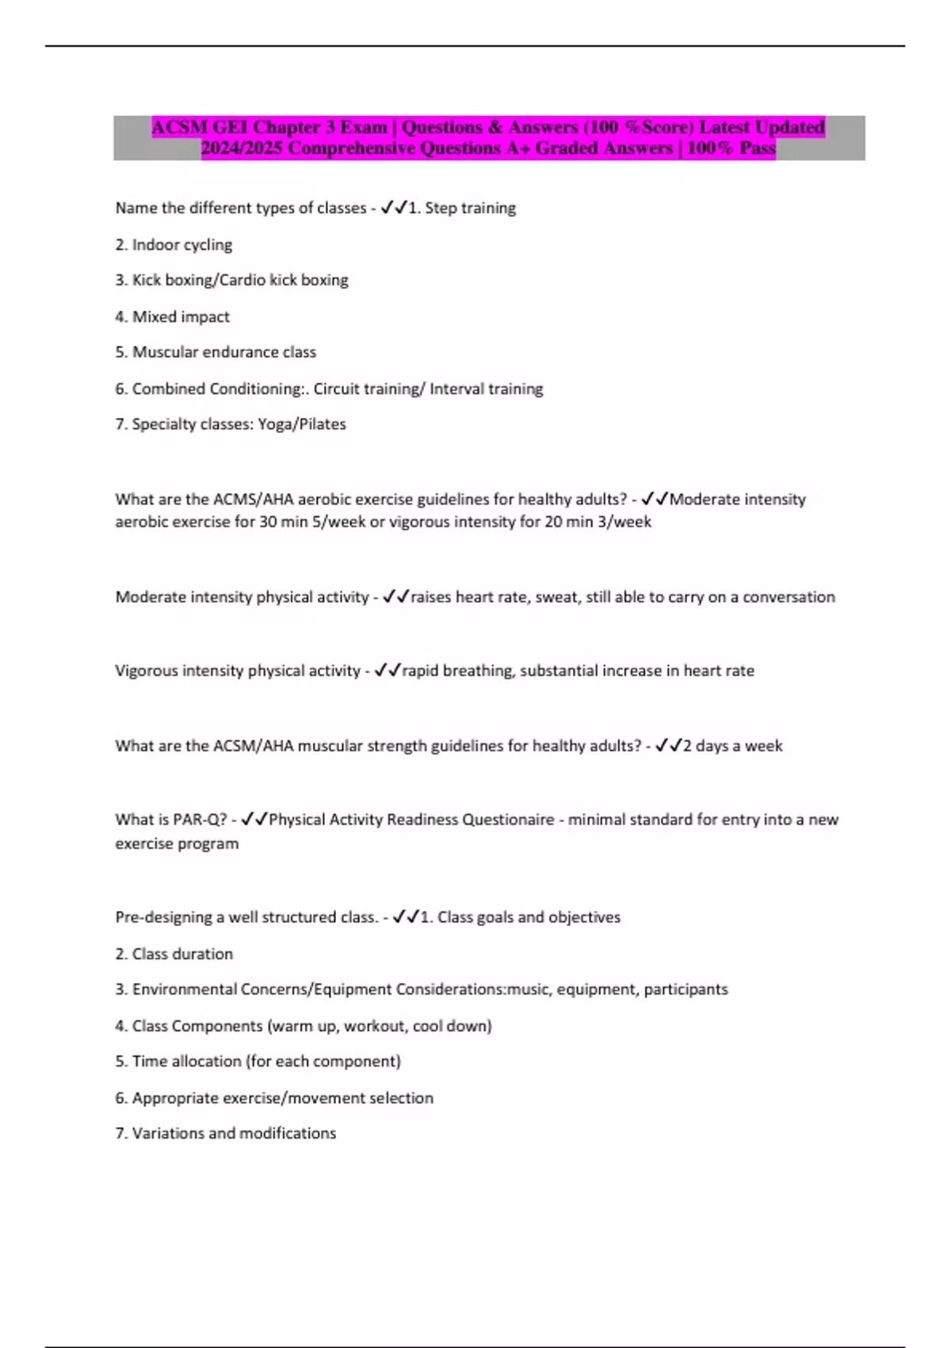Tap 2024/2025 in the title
click(x=242, y=148)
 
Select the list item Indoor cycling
click(x=174, y=245)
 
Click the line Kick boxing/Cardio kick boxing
click(x=231, y=280)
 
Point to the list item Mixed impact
click(x=172, y=316)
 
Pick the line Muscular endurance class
click(x=216, y=352)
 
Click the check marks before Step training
click(x=394, y=208)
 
